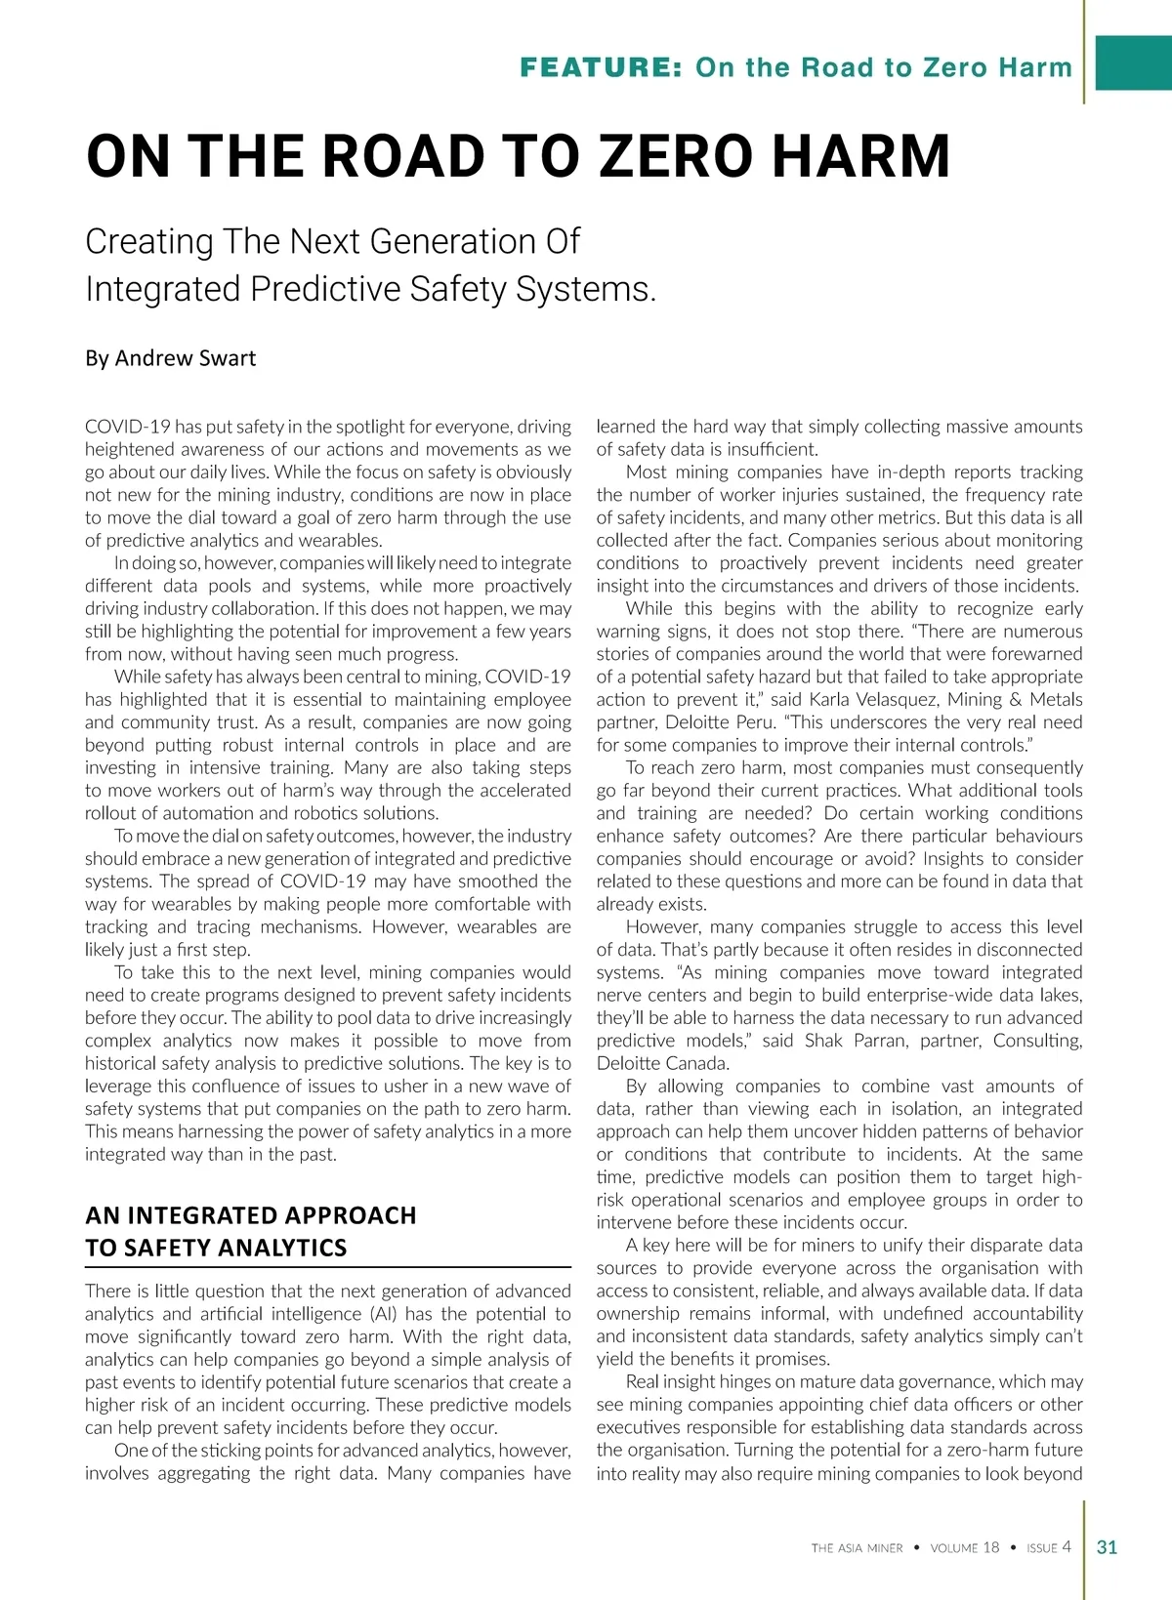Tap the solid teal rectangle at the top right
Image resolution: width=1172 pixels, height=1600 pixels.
pos(1133,62)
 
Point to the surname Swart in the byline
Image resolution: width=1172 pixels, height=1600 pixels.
pos(227,358)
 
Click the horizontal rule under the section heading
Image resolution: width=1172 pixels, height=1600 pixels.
pos(327,1266)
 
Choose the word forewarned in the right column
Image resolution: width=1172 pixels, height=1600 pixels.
pos(1032,654)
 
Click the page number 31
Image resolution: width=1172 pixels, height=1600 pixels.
pos(1107,1547)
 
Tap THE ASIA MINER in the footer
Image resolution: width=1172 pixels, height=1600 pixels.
pos(857,1548)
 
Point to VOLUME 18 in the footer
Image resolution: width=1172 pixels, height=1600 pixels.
pos(964,1548)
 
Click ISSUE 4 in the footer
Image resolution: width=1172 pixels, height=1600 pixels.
pos(1048,1548)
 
